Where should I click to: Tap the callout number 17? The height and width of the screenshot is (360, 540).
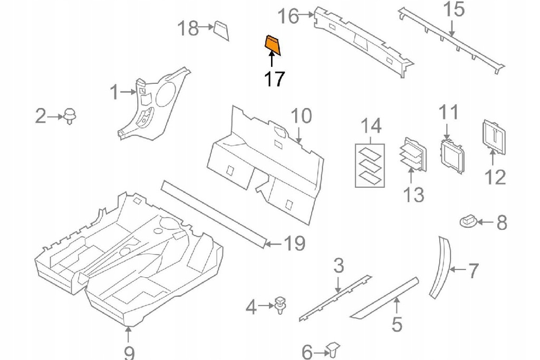pos(274,79)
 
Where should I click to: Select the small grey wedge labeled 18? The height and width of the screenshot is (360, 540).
pos(221,31)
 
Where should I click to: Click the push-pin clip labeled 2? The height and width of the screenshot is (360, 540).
pos(69,115)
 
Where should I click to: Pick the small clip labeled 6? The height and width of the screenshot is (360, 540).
pos(333,348)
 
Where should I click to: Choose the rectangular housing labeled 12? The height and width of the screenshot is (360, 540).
pos(491,138)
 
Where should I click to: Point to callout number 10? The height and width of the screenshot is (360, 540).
pos(302,116)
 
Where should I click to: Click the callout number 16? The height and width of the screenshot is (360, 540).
pos(289,16)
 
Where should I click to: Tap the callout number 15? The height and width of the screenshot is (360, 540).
pos(455,10)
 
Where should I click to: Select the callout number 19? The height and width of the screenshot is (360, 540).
pos(294,243)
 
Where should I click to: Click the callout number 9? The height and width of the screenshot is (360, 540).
pos(129,352)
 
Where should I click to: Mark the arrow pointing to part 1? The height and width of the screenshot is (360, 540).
pos(128,93)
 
